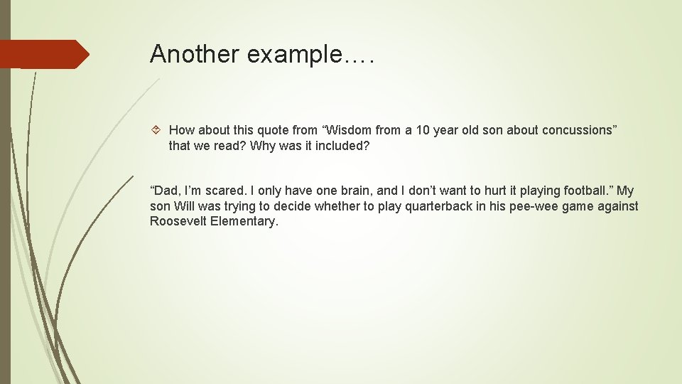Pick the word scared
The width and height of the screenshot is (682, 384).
point(225,191)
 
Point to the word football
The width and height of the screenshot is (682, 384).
point(587,191)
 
